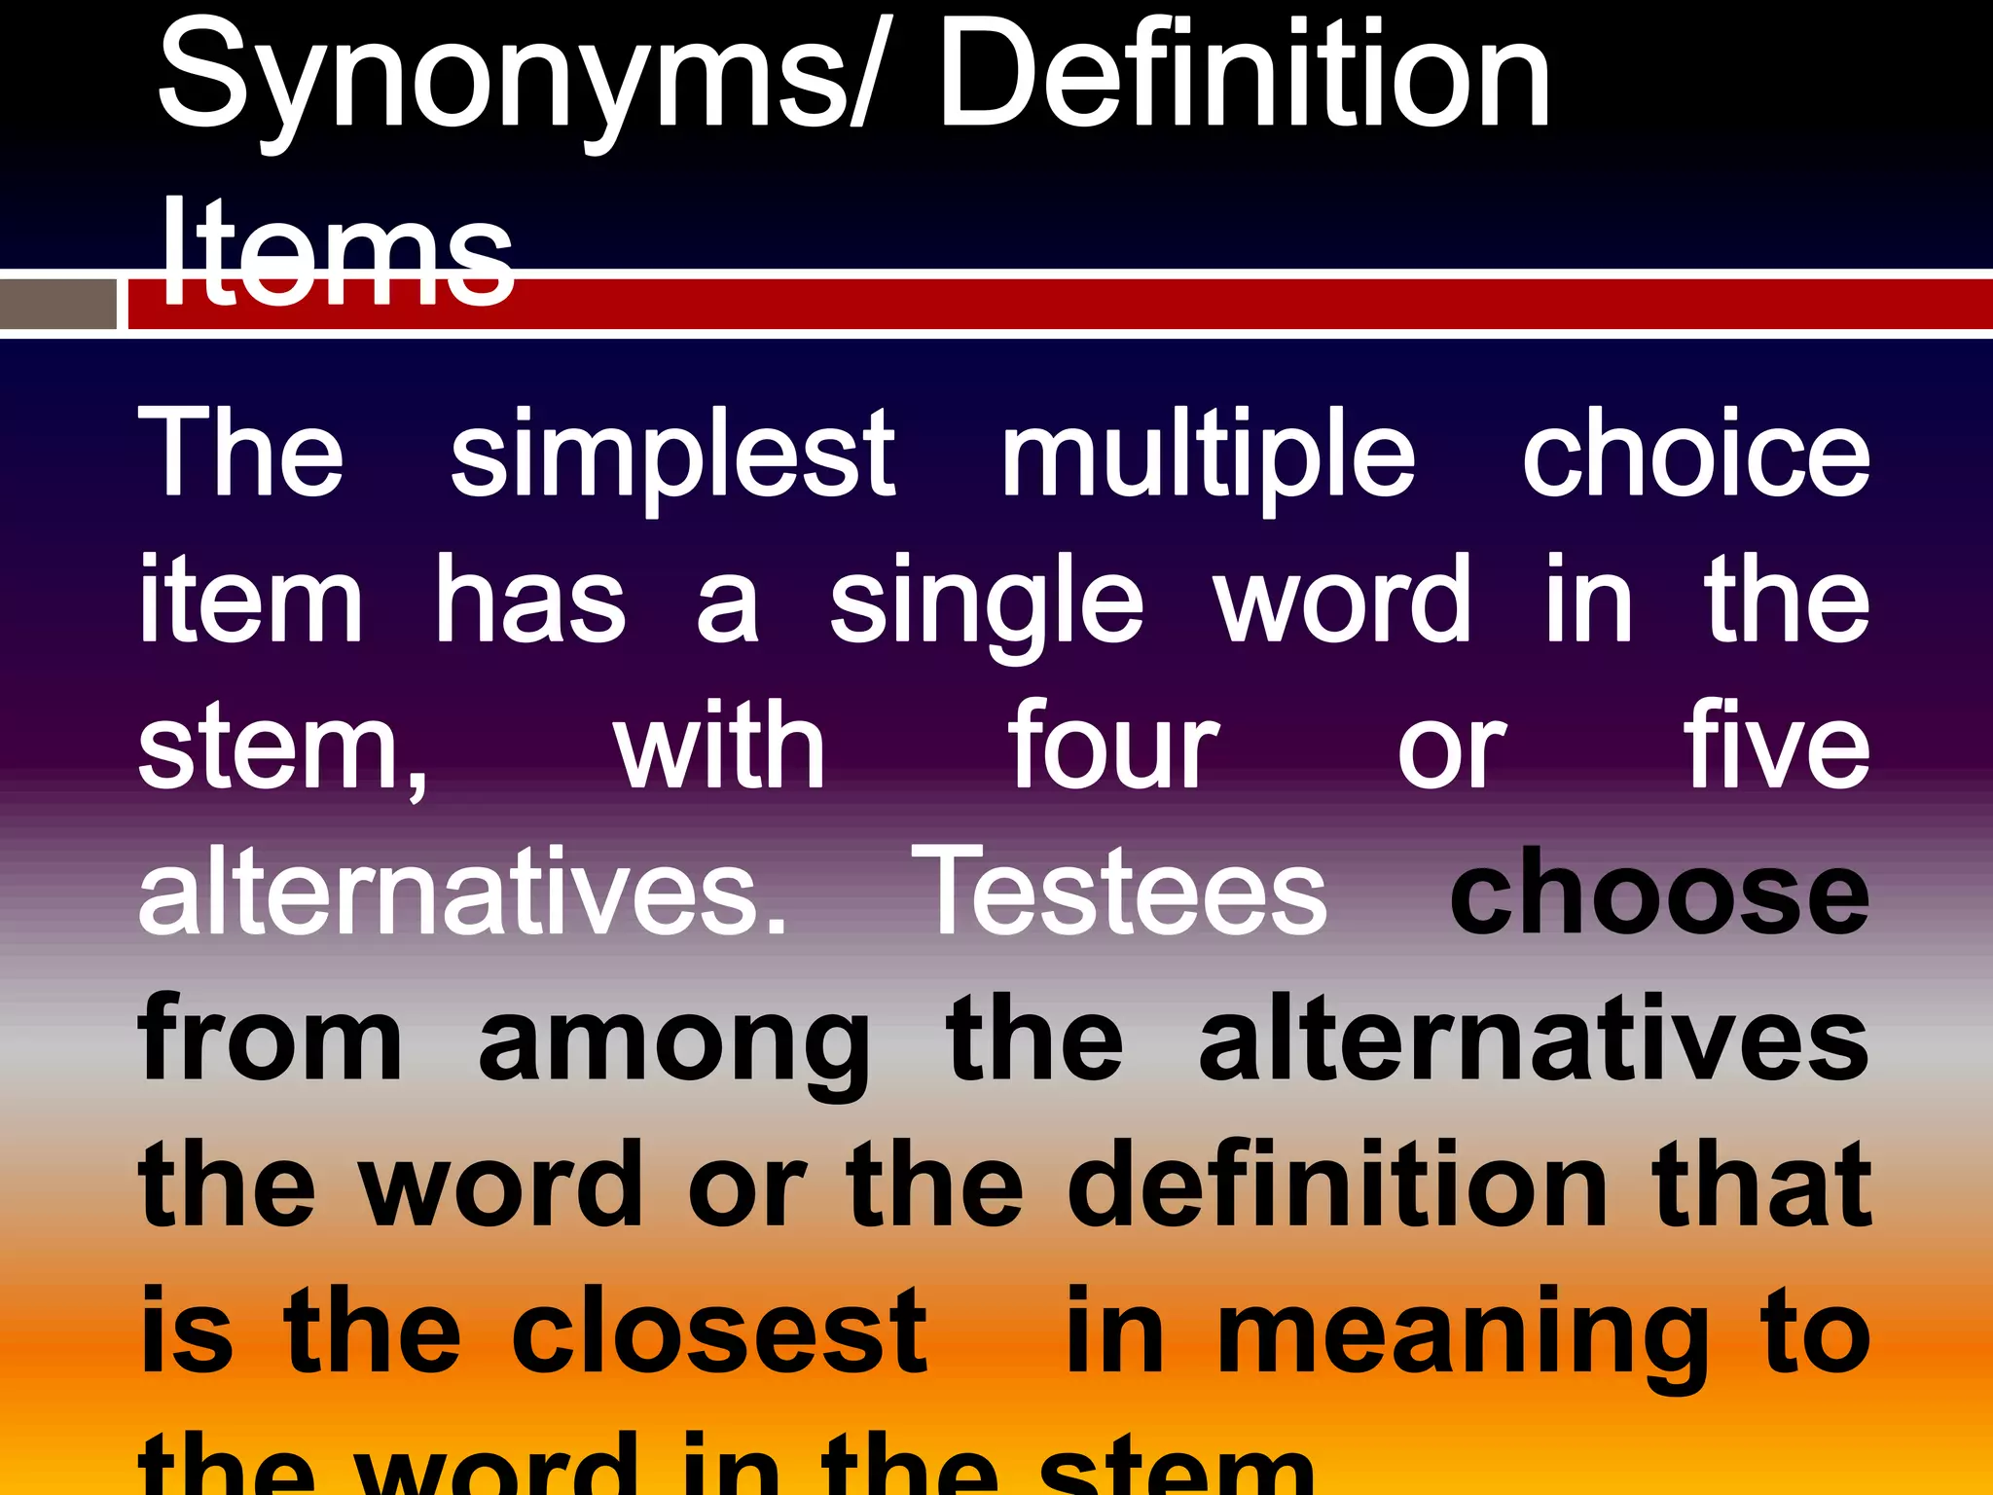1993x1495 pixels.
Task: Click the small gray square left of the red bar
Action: [x=58, y=305]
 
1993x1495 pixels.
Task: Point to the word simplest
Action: [x=671, y=456]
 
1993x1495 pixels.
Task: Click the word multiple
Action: [x=1208, y=456]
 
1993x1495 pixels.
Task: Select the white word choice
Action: [x=1695, y=456]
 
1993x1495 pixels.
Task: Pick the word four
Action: [x=1113, y=747]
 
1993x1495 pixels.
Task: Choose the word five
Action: [x=1777, y=747]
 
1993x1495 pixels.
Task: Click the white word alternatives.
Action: [x=462, y=893]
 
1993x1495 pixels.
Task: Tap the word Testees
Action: [x=1119, y=893]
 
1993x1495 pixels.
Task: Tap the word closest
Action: [x=719, y=1331]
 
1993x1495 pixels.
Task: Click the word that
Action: [x=1762, y=1185]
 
